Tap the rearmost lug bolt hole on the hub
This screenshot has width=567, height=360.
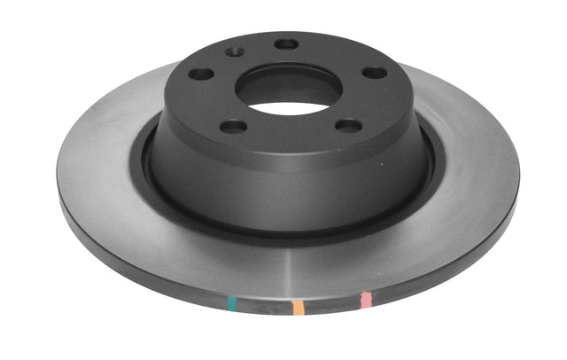coord(286,43)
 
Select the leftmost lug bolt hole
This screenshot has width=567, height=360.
coord(202,74)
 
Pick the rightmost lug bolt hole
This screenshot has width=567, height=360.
coord(375,72)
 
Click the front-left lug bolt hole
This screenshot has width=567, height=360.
coord(233,126)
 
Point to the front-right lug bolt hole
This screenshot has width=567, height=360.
coord(349,125)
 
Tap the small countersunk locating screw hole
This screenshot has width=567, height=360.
coord(235,52)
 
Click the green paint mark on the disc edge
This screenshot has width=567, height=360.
coord(232,304)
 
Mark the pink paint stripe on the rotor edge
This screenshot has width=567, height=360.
coord(364,301)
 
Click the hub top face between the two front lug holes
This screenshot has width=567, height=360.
coord(291,137)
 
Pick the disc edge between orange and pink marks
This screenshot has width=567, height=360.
coord(331,307)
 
